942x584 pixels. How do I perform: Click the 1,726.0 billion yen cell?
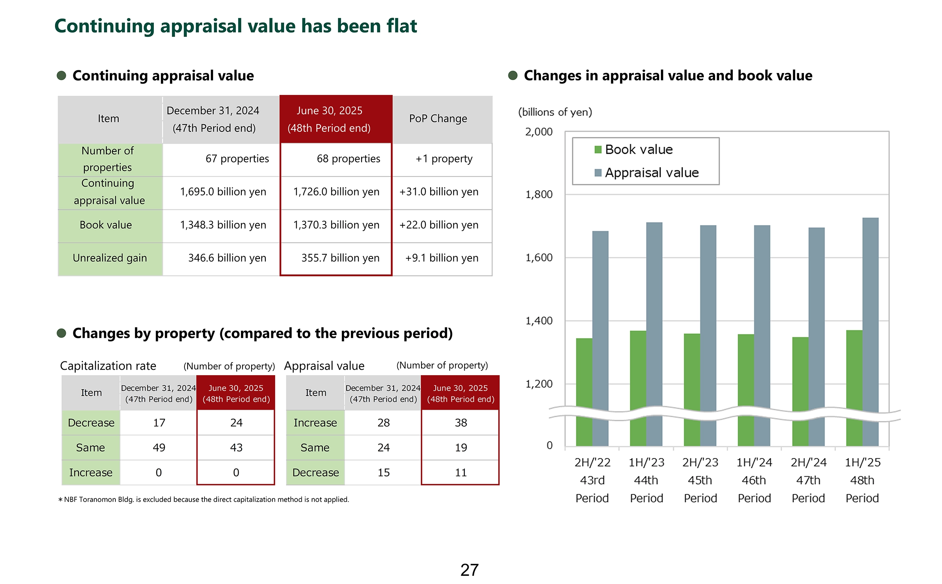(336, 192)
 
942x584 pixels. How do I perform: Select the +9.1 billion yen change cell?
(442, 258)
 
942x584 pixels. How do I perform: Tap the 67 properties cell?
(237, 159)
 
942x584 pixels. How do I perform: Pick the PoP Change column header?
(438, 119)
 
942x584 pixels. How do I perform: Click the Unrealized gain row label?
(110, 258)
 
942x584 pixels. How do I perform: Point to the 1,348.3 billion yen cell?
(223, 225)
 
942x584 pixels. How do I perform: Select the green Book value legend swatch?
(598, 150)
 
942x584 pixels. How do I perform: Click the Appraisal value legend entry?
(652, 173)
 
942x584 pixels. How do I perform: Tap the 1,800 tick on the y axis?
(539, 195)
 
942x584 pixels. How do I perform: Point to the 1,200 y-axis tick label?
(539, 384)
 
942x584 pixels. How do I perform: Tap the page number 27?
(469, 570)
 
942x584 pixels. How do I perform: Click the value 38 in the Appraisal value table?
(461, 423)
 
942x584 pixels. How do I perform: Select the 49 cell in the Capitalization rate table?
(159, 447)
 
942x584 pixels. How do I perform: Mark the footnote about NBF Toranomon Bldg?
(204, 499)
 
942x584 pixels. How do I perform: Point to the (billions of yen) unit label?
(555, 112)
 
